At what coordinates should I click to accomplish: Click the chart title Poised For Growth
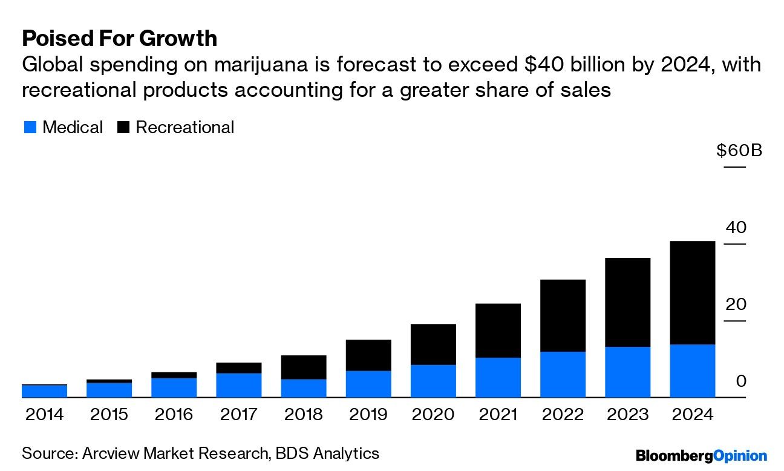(119, 38)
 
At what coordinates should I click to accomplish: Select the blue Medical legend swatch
(30, 128)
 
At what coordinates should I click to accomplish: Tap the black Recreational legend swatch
(123, 128)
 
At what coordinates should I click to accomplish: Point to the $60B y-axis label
(739, 150)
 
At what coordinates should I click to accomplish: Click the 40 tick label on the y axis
(736, 228)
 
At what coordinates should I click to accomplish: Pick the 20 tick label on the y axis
(736, 305)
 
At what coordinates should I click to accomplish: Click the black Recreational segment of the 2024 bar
(692, 292)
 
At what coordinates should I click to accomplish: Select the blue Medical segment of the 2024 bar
(692, 371)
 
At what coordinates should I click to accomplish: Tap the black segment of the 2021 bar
(498, 330)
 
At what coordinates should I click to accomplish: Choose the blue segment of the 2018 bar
(304, 388)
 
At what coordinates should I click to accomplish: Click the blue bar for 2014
(44, 391)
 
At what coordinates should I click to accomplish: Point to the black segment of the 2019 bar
(368, 355)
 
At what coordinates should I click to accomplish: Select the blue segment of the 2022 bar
(563, 374)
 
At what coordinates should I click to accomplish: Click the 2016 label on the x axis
(174, 415)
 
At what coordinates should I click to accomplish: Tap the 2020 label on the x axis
(433, 415)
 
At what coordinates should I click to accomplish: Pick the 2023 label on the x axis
(627, 415)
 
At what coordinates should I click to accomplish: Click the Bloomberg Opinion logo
(701, 456)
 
